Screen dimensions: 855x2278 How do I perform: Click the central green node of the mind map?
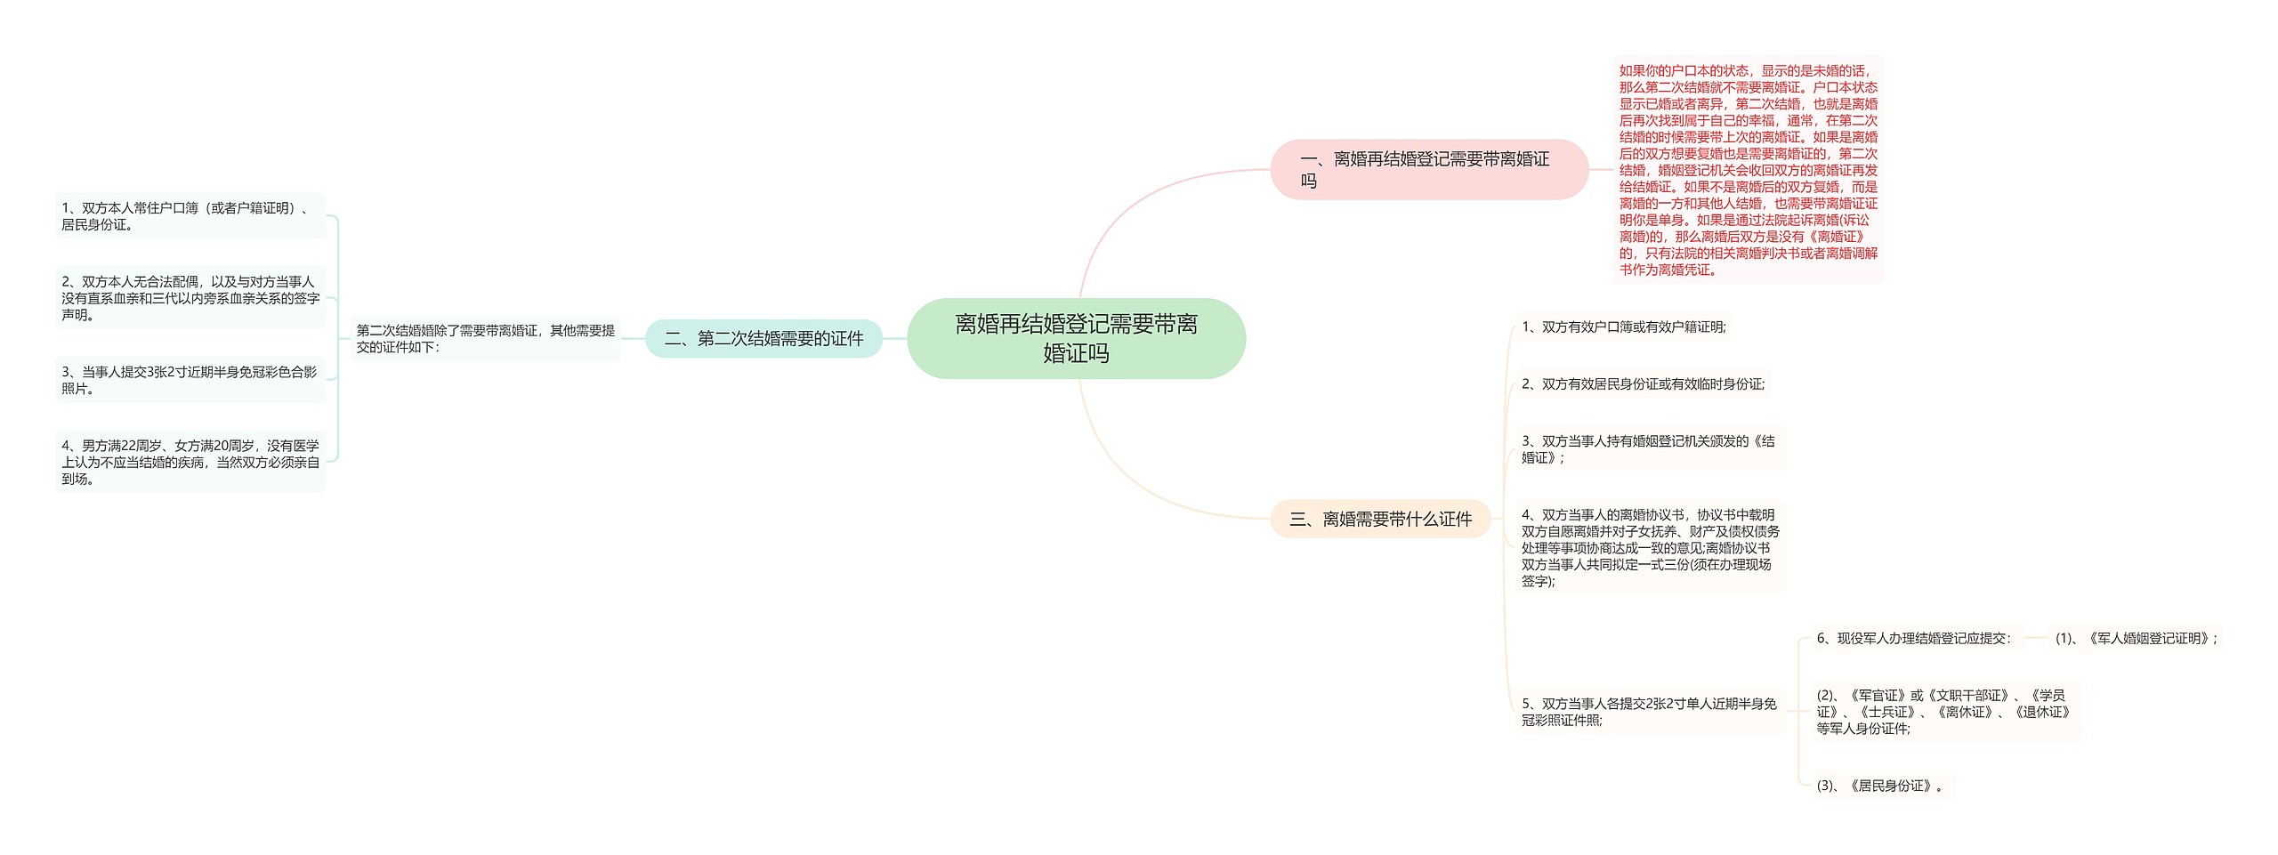[1076, 338]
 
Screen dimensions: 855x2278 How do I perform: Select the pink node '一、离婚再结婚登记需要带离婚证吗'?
[1428, 169]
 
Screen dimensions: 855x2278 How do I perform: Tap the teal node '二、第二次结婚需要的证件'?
[763, 338]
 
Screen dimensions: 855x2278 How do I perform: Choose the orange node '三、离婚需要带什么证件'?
[1380, 519]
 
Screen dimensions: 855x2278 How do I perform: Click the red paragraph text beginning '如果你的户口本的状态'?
[1748, 169]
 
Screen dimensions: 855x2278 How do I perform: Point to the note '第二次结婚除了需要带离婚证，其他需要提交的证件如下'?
[486, 338]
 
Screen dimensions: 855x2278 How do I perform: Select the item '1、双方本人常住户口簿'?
[190, 216]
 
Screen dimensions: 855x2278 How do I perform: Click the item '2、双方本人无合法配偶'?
[190, 298]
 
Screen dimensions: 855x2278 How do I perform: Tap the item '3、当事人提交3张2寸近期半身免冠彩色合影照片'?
[190, 380]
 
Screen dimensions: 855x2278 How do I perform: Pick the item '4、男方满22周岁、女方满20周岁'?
[190, 462]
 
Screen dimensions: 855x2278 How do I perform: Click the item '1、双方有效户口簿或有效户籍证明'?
[1623, 327]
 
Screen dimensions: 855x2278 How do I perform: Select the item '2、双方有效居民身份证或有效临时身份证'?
[1643, 383]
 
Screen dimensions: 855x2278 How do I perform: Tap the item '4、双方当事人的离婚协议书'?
[1650, 547]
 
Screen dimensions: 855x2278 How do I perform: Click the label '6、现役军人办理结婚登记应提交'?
[1913, 638]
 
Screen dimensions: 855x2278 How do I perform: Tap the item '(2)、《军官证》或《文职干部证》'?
[1943, 712]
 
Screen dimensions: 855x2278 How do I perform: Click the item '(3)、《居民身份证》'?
[1880, 786]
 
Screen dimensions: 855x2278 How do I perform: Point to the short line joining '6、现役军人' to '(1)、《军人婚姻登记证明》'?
[2036, 638]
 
